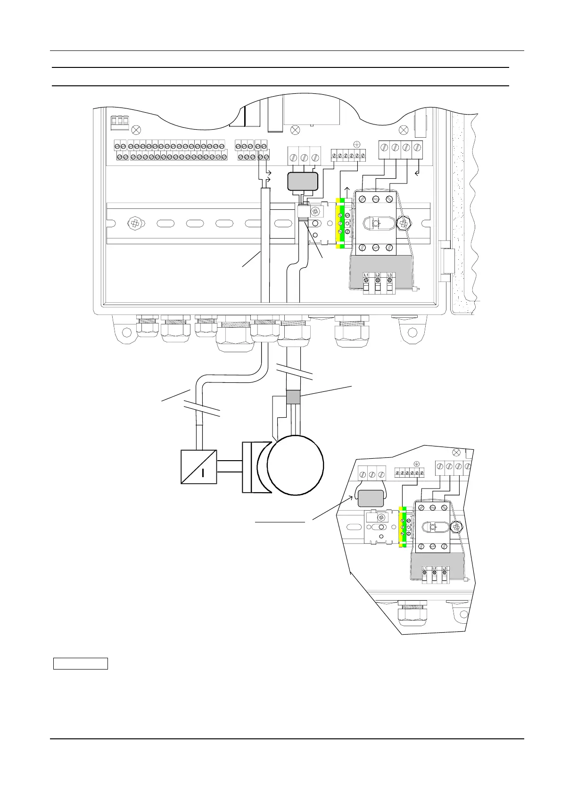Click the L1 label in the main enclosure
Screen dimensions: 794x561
366,275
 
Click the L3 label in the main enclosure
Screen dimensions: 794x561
389,275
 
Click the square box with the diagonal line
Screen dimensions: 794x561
199,467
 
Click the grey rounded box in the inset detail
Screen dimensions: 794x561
370,499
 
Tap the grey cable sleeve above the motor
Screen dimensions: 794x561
293,397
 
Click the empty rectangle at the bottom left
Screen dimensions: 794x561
80,664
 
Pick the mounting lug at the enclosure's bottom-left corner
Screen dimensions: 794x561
124,332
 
